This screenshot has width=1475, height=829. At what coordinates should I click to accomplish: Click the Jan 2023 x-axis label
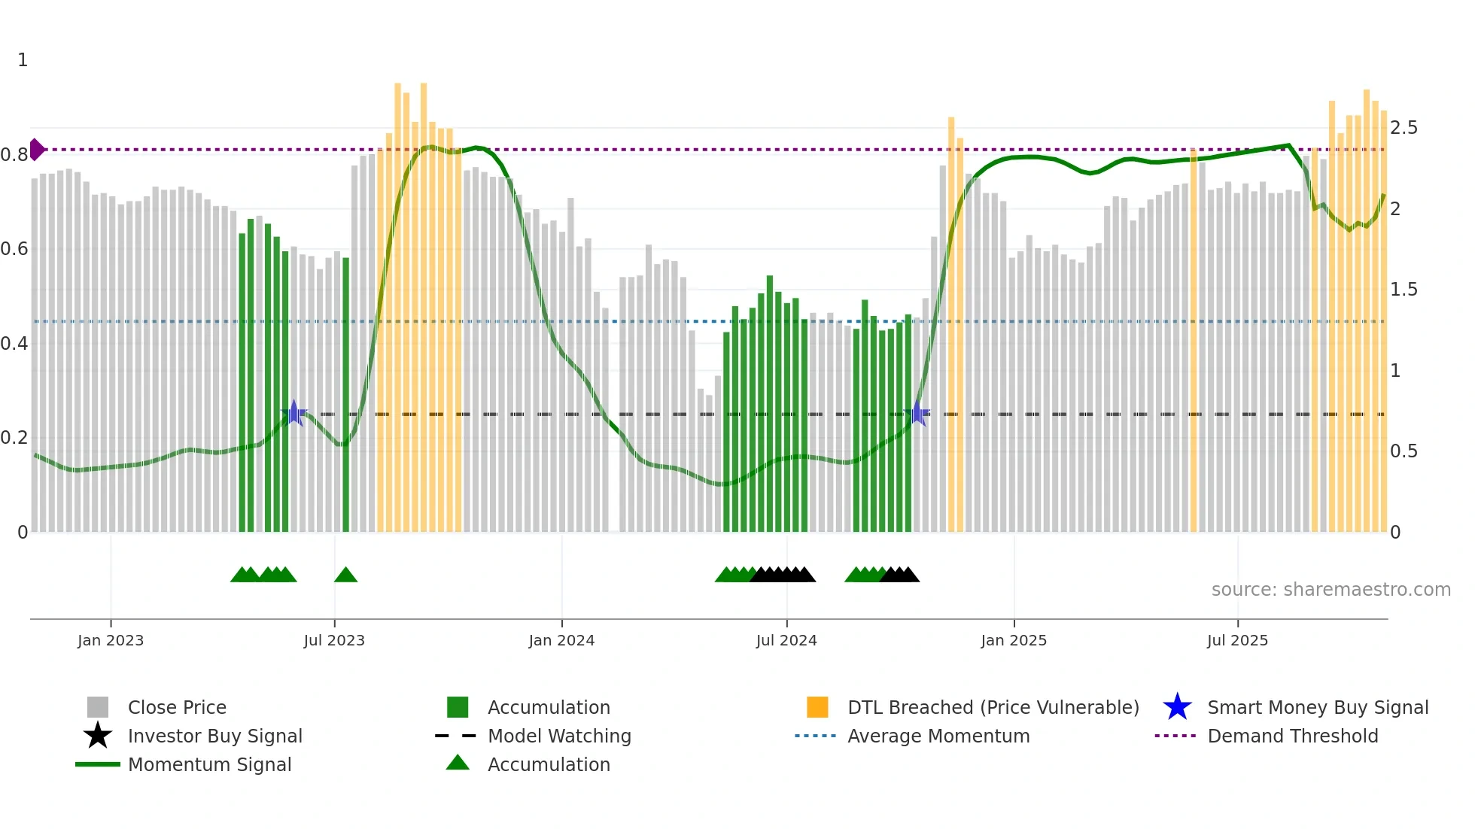[x=110, y=640]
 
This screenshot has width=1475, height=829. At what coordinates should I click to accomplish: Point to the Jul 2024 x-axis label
[x=786, y=640]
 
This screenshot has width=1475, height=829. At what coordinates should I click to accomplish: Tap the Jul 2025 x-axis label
[x=1237, y=640]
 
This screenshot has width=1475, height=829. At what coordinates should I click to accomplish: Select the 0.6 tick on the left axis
[x=14, y=249]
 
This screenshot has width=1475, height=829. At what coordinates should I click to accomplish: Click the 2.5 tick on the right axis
[x=1404, y=128]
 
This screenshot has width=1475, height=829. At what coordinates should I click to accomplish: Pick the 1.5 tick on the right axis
[x=1404, y=290]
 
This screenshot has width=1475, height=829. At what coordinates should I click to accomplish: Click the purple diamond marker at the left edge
[x=36, y=150]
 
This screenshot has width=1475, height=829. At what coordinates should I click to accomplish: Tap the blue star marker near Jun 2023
[x=293, y=413]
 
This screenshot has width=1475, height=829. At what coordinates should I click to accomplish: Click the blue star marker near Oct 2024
[x=917, y=413]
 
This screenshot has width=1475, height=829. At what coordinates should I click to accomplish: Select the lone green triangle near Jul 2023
[x=345, y=575]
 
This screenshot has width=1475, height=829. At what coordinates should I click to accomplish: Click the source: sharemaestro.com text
[x=1331, y=590]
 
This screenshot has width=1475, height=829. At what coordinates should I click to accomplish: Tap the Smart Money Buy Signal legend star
[x=1177, y=707]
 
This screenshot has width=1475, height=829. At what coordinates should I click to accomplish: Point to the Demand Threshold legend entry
[x=1292, y=736]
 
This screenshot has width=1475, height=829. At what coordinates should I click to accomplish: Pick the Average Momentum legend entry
[x=938, y=736]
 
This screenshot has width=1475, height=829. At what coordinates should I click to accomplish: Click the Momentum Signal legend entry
[x=209, y=764]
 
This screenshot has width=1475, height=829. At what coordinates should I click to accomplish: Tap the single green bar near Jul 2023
[x=346, y=395]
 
